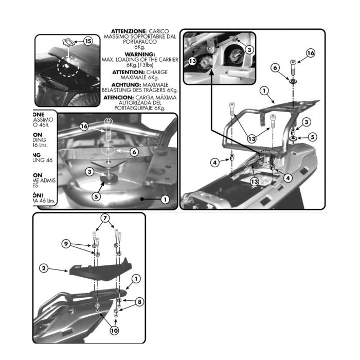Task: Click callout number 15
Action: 87,41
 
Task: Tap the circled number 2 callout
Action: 44,268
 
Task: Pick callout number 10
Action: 114,331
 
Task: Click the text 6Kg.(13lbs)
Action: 140,65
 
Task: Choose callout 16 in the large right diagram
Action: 310,52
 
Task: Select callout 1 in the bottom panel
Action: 136,278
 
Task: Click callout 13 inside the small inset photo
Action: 191,61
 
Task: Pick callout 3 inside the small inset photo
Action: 249,49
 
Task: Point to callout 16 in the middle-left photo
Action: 85,125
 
